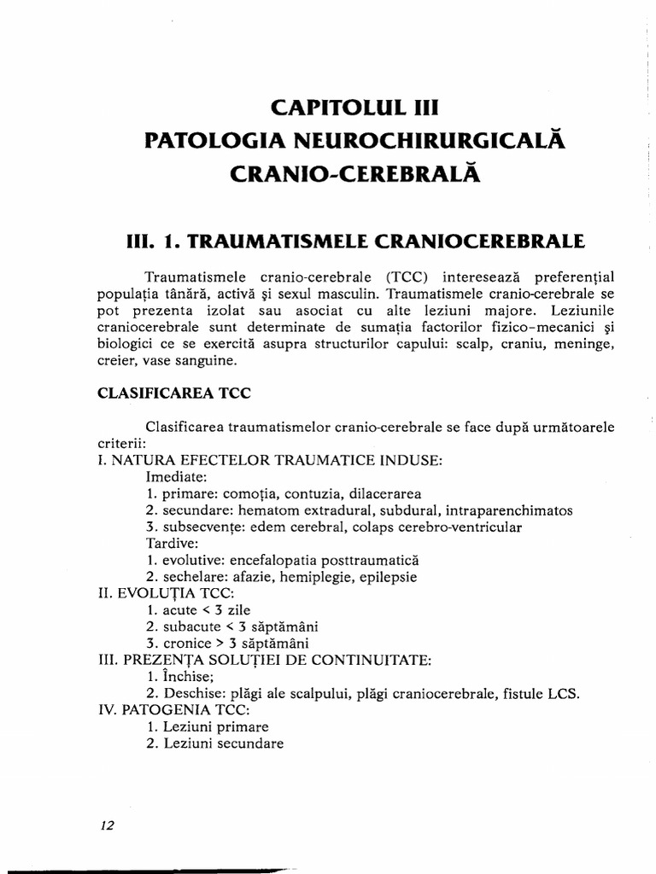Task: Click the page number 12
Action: pyautogui.click(x=107, y=826)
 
